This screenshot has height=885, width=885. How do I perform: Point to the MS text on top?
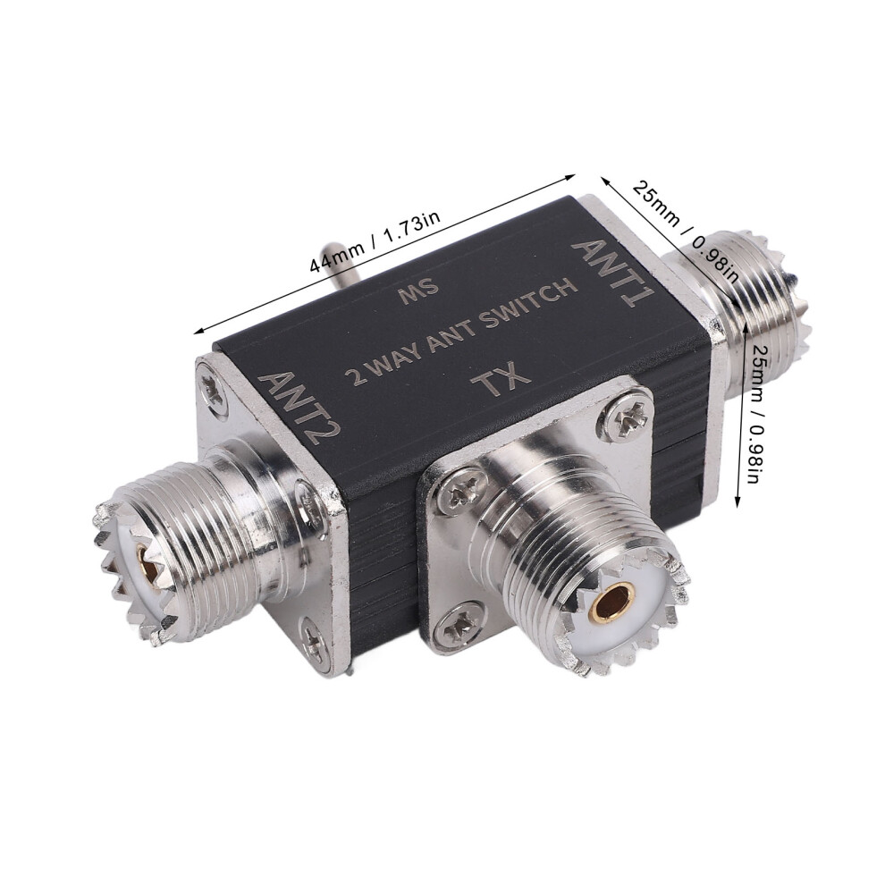pyautogui.click(x=418, y=290)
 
